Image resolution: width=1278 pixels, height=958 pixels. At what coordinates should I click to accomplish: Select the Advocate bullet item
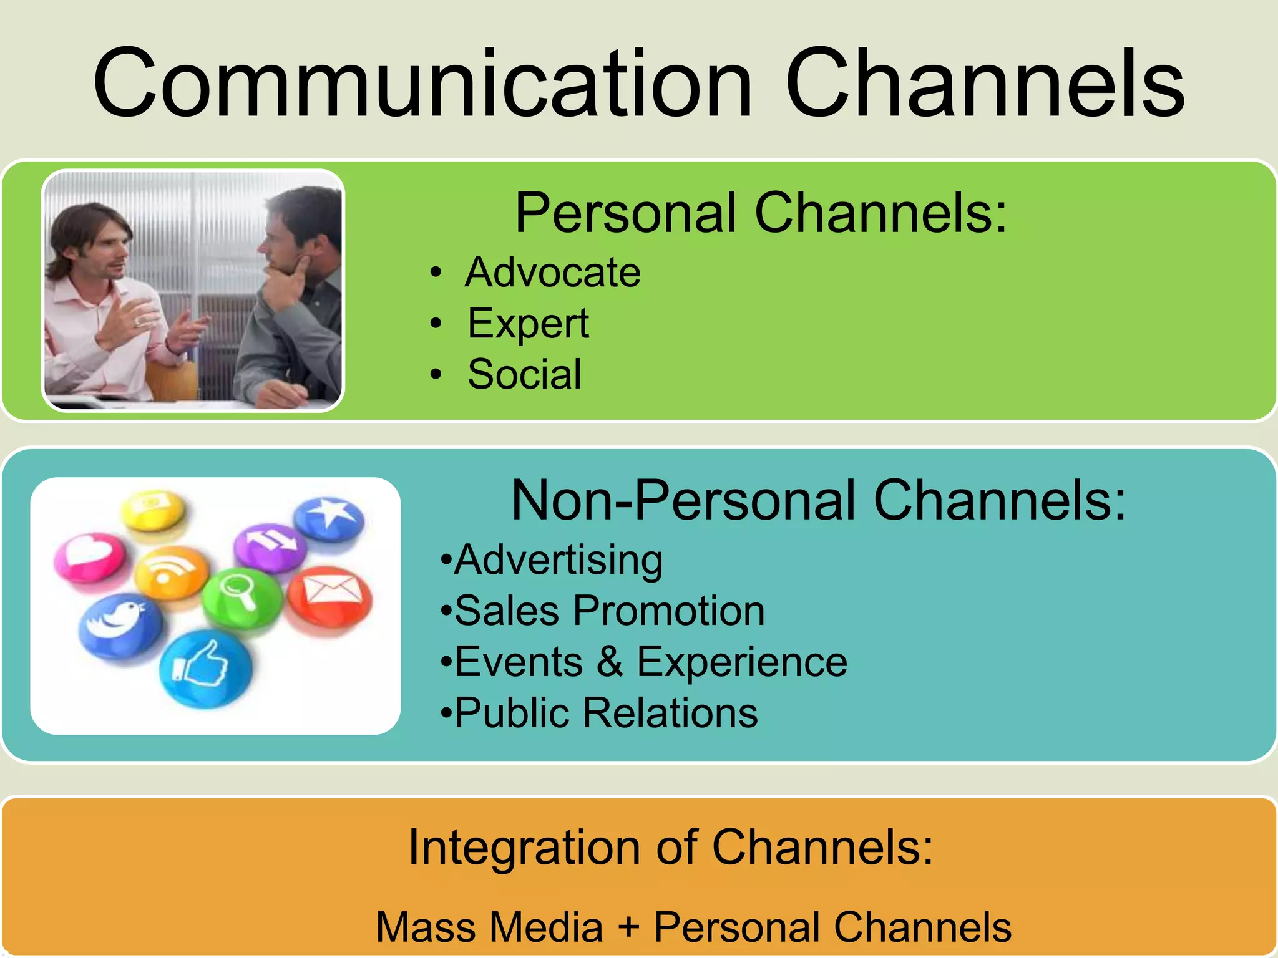click(552, 273)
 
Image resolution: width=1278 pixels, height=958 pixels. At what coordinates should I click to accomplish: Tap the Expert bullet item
click(528, 324)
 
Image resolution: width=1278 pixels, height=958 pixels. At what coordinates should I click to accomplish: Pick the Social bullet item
click(524, 374)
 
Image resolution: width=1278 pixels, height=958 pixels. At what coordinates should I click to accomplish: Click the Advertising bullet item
click(558, 559)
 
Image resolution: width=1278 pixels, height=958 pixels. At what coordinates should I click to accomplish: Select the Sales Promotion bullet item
click(609, 611)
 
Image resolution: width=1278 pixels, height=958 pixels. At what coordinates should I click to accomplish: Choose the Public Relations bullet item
click(605, 712)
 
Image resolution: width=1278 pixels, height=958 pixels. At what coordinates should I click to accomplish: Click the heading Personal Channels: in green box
click(761, 213)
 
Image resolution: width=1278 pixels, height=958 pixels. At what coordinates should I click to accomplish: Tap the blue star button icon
click(329, 516)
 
